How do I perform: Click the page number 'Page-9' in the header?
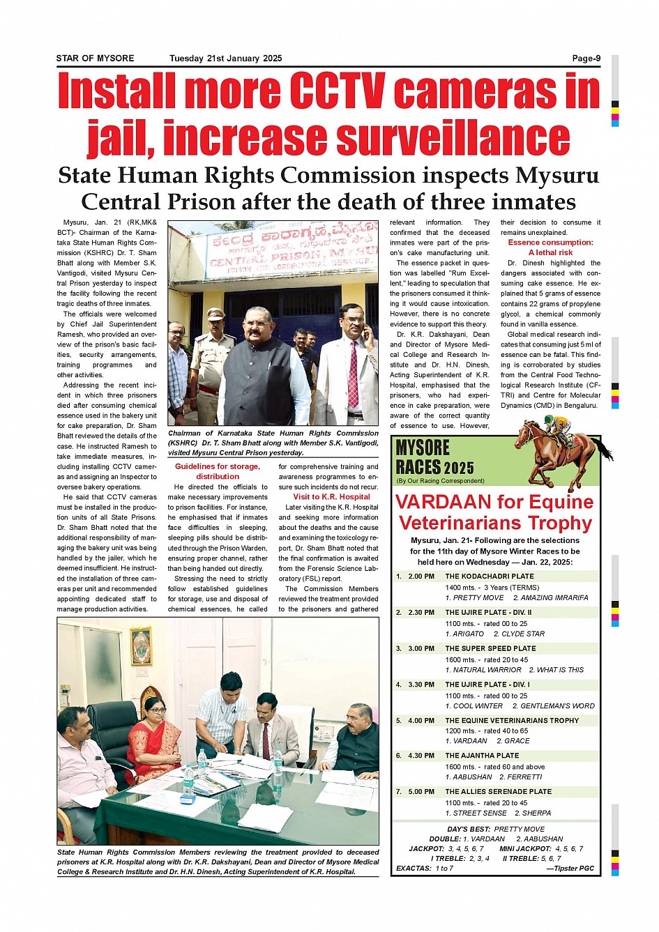(x=586, y=59)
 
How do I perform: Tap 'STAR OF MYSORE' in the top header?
(x=95, y=59)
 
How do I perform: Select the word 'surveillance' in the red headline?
(x=453, y=137)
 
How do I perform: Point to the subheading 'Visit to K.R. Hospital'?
(x=331, y=497)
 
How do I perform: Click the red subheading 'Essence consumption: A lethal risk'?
(x=550, y=247)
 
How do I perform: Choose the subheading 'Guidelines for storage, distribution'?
(x=217, y=471)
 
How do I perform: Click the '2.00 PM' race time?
(x=421, y=576)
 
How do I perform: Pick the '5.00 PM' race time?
(x=421, y=792)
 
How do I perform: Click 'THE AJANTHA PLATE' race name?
(x=482, y=756)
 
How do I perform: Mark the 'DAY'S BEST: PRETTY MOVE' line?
(x=496, y=830)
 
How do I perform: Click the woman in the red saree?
(x=153, y=739)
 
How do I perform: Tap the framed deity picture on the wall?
(x=141, y=646)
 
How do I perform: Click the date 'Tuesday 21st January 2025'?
(x=225, y=59)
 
